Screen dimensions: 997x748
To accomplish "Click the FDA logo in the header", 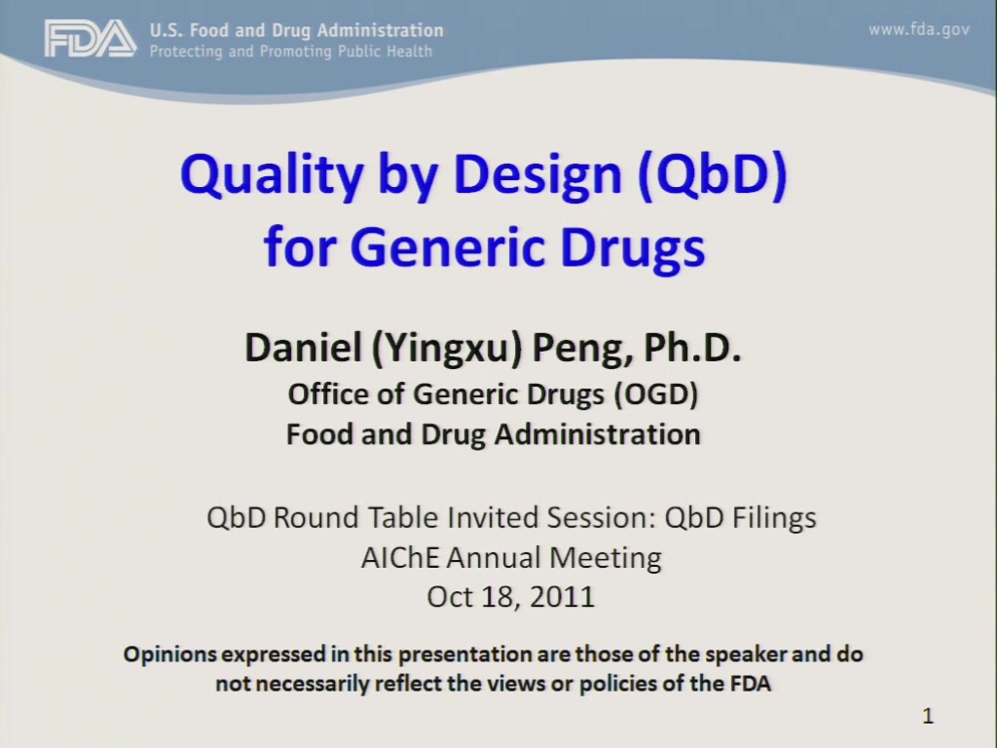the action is (91, 38).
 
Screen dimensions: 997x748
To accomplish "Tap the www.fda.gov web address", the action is (919, 29).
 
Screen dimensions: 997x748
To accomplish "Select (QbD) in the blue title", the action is (713, 175).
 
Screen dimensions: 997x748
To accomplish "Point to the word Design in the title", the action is (537, 176).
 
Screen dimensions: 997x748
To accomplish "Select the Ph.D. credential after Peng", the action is (692, 348).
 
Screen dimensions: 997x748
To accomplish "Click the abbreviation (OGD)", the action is (656, 394).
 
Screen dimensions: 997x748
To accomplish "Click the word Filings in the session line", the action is (774, 518).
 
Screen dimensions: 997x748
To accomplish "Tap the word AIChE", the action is (400, 558).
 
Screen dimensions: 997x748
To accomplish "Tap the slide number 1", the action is (928, 716).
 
